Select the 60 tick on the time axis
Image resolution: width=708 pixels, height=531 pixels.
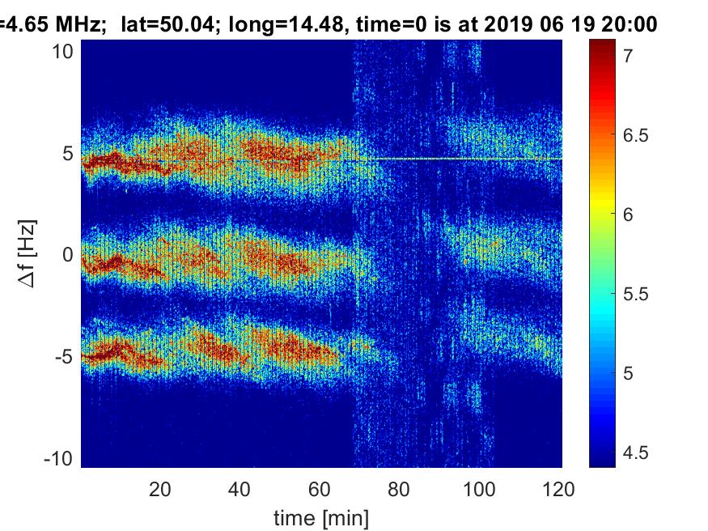(x=320, y=489)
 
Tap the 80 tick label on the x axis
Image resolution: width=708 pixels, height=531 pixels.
(x=399, y=489)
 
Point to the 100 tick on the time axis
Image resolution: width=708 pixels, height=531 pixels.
(x=479, y=489)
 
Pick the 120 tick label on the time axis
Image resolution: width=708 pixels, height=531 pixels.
(x=559, y=489)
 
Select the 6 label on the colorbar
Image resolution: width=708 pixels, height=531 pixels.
(x=627, y=215)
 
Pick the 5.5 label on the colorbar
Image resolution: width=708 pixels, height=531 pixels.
(x=635, y=294)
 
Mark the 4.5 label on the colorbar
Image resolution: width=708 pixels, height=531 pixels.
(x=635, y=452)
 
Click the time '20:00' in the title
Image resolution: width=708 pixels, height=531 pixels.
(x=623, y=25)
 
